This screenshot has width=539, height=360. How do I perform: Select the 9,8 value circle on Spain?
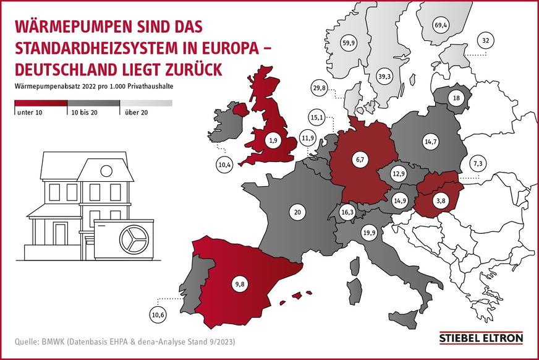(239, 285)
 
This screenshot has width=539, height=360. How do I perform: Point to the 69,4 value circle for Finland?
(441, 25)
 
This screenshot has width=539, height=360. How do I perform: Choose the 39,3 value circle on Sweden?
(385, 75)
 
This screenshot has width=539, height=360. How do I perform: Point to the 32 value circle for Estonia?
(486, 41)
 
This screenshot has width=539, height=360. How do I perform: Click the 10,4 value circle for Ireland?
(224, 165)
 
